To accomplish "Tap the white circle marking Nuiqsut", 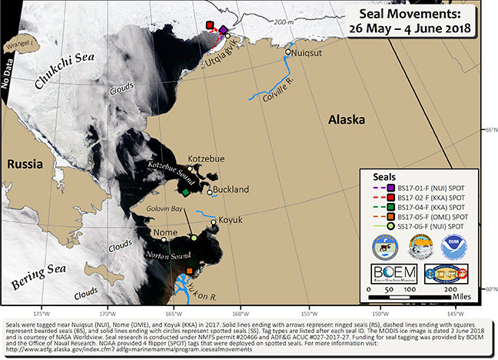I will coord(287,52).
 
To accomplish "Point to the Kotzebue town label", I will coord(207,158).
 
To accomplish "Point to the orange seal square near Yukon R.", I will coord(190,271).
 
